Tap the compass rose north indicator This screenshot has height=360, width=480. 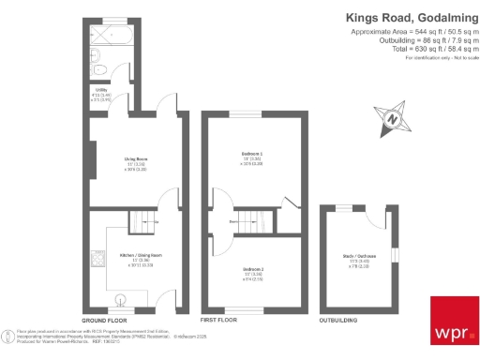394,118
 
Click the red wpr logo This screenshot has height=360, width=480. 453,322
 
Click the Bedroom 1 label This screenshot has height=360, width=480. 250,157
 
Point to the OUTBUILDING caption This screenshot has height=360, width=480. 338,320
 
